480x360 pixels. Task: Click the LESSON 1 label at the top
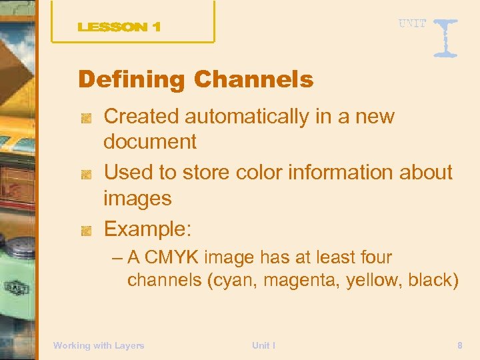(x=119, y=27)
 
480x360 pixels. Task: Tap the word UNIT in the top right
(x=413, y=23)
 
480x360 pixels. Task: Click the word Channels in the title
(x=253, y=80)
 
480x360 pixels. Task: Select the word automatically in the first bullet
(x=255, y=117)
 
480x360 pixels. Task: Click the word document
(x=150, y=141)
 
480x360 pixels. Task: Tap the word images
(x=137, y=198)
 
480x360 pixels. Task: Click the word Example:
(x=147, y=229)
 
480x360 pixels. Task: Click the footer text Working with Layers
(x=99, y=345)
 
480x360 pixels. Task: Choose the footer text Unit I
(x=264, y=345)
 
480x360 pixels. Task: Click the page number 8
(x=460, y=345)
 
